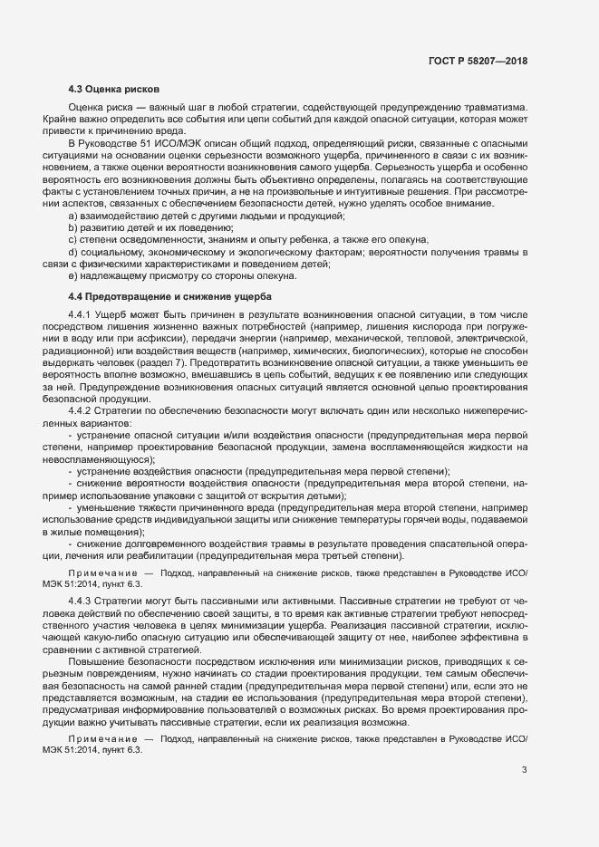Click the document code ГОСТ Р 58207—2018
coord(478,61)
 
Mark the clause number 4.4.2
coord(82,410)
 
